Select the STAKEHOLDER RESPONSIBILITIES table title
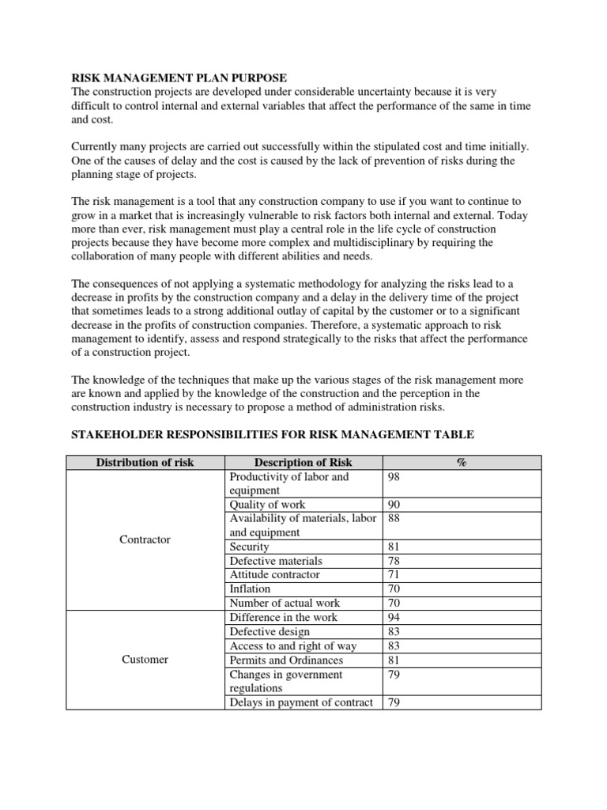273,435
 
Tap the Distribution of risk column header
145,463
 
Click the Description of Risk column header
303,463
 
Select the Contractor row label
145,539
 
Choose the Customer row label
145,660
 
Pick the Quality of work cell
267,505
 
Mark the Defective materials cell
275,561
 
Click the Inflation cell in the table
250,589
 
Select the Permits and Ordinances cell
286,659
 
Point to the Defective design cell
270,631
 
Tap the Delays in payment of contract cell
301,702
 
